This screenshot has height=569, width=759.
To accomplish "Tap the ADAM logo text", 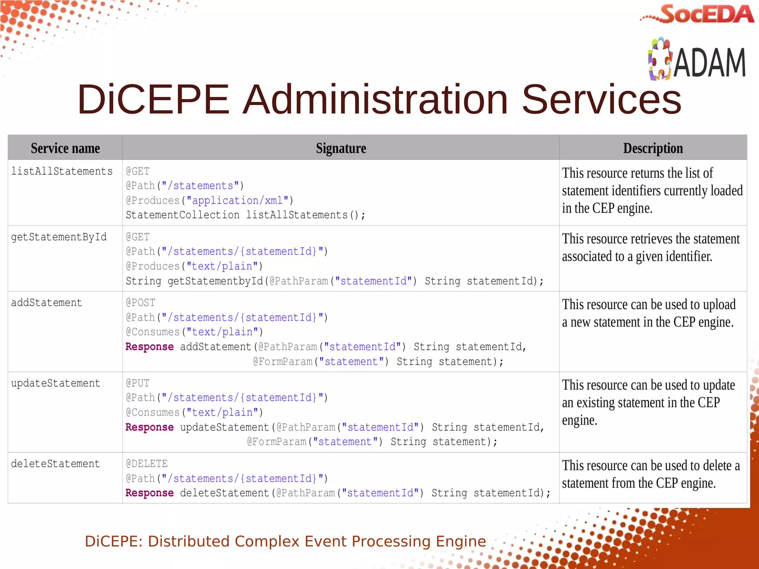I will [709, 63].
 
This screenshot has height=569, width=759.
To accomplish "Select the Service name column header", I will [65, 148].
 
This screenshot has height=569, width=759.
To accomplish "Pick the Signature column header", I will [341, 148].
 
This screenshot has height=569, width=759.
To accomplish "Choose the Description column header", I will [653, 148].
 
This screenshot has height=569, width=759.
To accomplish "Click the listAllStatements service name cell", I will [62, 171].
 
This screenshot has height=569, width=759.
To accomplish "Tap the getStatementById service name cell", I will [59, 237].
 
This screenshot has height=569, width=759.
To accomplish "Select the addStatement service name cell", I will [47, 303].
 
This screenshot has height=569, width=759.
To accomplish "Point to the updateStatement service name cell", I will [56, 383].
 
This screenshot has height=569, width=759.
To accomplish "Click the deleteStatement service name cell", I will [56, 463].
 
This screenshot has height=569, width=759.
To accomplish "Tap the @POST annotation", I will [140, 303].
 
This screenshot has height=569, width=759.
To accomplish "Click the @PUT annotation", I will [137, 383].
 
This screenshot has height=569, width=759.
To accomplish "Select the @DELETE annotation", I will [147, 463].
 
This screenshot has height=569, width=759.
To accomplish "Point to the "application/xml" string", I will [237, 200].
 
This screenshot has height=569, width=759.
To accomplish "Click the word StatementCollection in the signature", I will [182, 215].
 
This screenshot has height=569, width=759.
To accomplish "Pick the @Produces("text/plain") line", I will [194, 266].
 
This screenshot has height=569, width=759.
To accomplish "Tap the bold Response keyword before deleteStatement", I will [149, 493].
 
